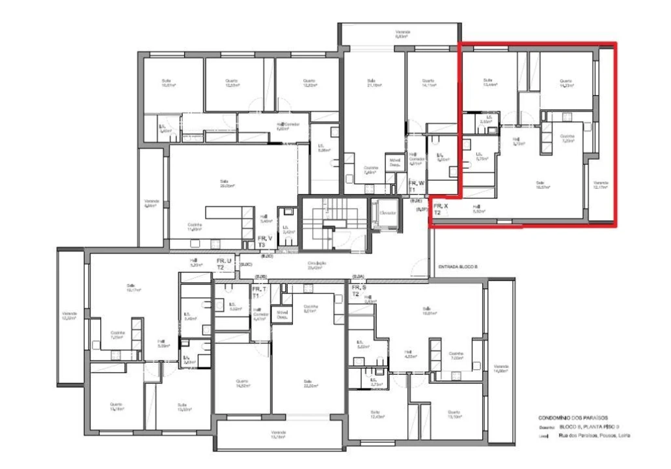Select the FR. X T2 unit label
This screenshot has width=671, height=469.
tap(438, 209)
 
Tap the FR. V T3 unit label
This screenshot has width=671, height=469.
tap(265, 241)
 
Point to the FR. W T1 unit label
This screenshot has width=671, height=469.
tap(416, 186)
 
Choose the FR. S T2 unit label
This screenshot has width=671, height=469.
tap(359, 291)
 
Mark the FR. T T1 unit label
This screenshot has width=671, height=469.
tap(259, 291)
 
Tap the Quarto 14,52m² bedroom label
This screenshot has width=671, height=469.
tap(242, 383)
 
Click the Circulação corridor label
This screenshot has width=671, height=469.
tap(317, 264)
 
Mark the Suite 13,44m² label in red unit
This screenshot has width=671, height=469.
tap(489, 82)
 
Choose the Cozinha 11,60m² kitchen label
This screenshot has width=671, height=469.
tap(195, 227)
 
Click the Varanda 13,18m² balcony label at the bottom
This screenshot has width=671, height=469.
tap(279, 434)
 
